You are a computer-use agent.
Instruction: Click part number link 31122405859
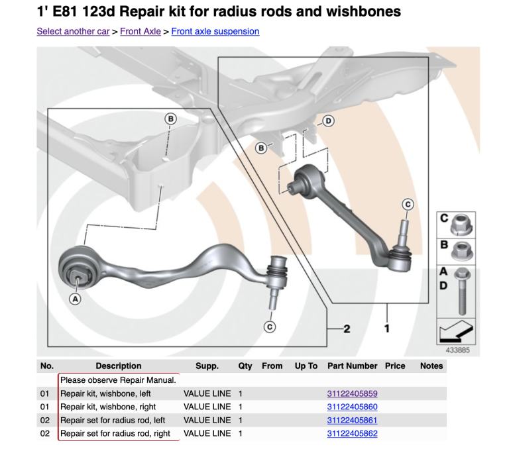[352, 393]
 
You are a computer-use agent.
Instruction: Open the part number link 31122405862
[352, 434]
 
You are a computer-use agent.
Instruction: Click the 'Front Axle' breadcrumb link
[140, 31]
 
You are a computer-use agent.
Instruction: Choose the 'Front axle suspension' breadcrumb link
[215, 31]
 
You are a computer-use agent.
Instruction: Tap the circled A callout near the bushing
[75, 299]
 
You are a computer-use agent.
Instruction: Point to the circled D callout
[327, 121]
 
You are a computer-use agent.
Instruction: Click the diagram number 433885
[457, 350]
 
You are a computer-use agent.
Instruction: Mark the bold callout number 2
[346, 329]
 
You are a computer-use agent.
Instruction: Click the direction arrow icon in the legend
[457, 329]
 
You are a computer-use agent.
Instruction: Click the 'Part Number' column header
[352, 366]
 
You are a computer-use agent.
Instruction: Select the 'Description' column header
[118, 366]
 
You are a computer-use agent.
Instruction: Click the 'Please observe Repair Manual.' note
[118, 380]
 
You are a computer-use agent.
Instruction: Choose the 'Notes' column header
[431, 366]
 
